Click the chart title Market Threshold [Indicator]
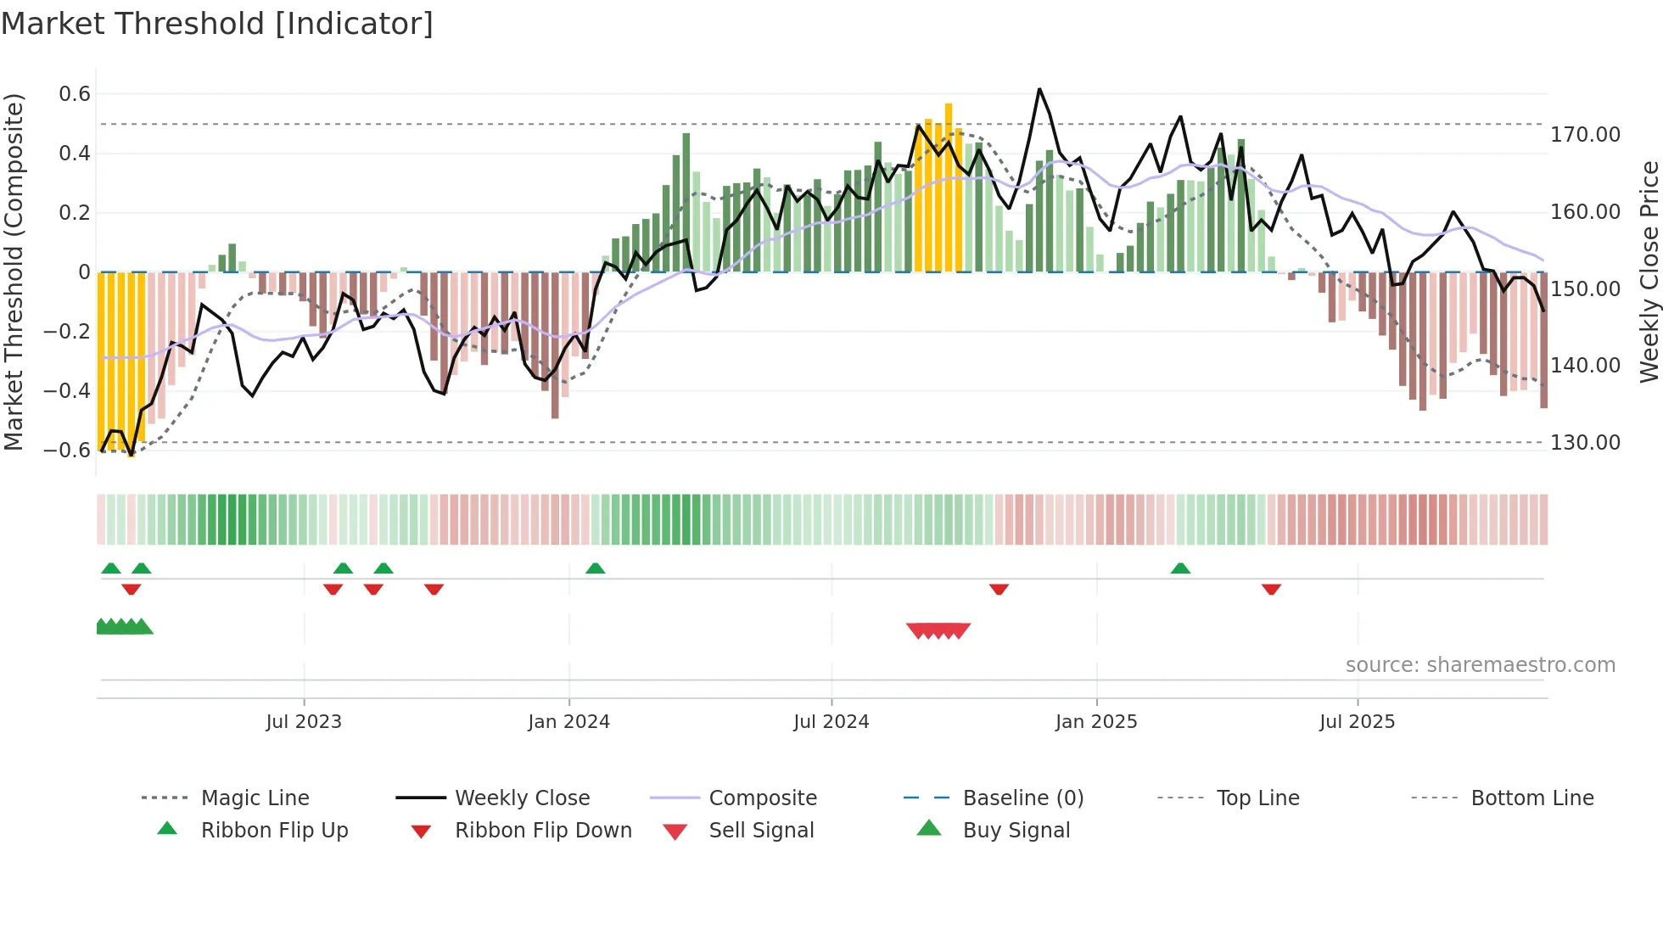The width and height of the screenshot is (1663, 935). (217, 24)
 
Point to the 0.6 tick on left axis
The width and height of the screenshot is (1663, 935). (75, 94)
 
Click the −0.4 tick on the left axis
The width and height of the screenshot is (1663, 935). (67, 391)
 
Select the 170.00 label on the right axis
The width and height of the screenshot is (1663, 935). (1585, 135)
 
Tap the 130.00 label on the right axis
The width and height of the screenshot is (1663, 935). (1585, 443)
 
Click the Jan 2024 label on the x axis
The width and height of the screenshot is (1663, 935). (568, 722)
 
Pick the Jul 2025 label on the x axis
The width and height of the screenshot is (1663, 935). (1357, 722)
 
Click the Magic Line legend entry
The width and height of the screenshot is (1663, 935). (255, 798)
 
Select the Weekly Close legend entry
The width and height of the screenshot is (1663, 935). (522, 798)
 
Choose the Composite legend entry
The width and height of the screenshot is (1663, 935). (763, 798)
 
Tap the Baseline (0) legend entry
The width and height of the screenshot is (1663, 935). (1023, 798)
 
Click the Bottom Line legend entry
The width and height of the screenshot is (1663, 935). (1531, 798)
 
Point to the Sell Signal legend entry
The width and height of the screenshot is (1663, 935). (761, 831)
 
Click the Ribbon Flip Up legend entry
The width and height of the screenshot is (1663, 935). (274, 831)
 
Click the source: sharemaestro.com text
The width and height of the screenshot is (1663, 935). (1480, 665)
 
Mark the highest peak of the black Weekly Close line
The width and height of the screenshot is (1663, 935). (1039, 89)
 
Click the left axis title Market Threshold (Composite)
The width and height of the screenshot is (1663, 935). (14, 272)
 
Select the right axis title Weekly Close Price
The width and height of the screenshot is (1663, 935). (1649, 272)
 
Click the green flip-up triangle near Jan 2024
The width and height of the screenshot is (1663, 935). (596, 568)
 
